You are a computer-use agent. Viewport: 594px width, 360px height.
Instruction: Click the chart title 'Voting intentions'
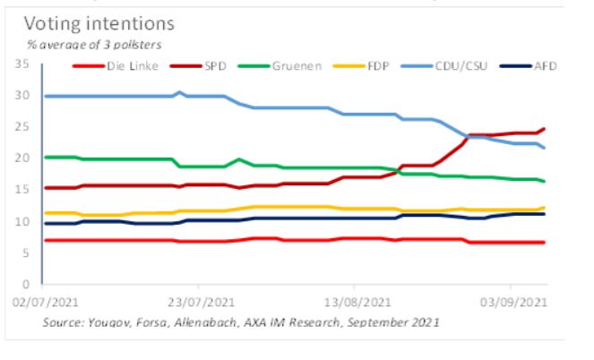click(99, 23)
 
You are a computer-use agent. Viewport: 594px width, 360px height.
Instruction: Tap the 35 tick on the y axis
click(23, 64)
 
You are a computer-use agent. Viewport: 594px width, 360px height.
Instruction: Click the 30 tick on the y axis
click(23, 96)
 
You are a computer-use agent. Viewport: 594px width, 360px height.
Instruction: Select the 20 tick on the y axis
click(23, 159)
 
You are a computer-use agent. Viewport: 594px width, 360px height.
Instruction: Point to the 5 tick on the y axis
click(27, 253)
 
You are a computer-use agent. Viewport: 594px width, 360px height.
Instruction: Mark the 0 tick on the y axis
click(27, 284)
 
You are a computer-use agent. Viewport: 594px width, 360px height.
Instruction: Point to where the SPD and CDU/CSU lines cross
click(468, 136)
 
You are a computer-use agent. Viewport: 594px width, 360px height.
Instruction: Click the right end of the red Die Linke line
click(544, 243)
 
